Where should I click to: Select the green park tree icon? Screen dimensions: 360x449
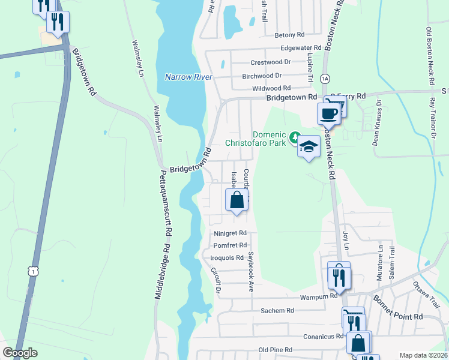(x=295, y=137)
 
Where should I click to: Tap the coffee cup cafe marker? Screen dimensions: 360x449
(x=328, y=113)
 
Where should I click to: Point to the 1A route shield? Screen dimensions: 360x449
(x=325, y=79)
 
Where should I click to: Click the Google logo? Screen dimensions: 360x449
(x=20, y=353)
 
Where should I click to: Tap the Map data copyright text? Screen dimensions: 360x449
(x=423, y=355)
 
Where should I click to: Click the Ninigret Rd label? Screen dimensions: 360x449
(x=231, y=233)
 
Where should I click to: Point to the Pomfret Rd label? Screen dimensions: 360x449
(x=231, y=245)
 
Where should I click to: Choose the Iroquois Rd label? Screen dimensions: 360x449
(x=227, y=258)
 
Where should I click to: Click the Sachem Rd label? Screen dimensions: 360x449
(x=277, y=311)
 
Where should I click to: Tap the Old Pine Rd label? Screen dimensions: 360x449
(x=275, y=350)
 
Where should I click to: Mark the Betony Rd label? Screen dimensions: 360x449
(x=290, y=35)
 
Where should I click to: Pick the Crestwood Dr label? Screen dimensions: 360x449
(x=271, y=62)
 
